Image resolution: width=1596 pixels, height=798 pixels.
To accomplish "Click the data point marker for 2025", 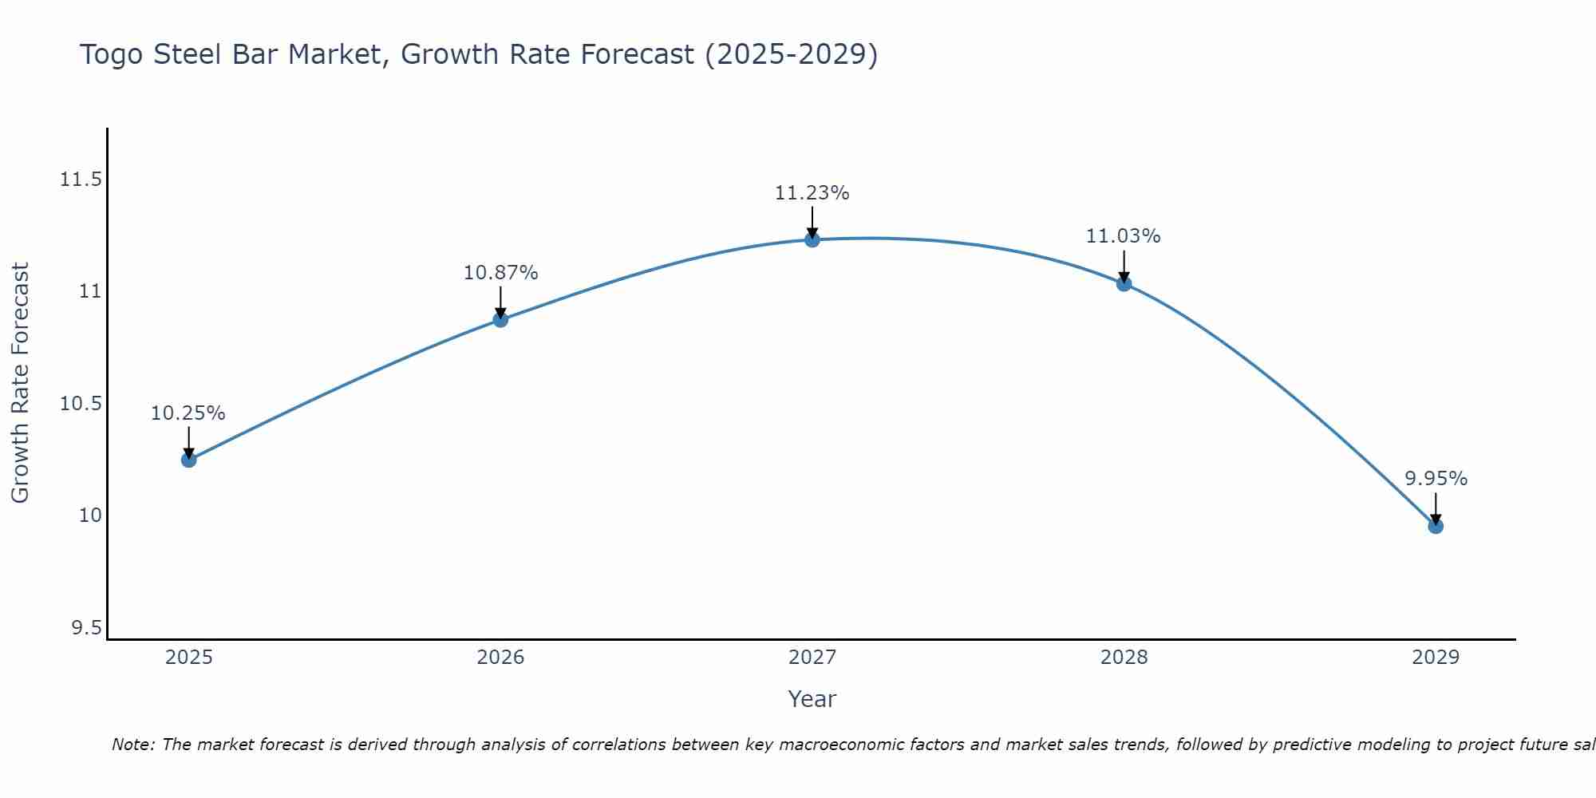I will (x=188, y=460).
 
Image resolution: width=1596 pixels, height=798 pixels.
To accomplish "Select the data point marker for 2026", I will (x=500, y=320).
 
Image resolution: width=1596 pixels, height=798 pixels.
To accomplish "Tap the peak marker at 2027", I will (x=812, y=239).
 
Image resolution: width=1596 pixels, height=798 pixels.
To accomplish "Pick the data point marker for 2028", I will (x=1124, y=283).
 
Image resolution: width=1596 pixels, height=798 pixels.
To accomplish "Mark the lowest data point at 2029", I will (x=1435, y=526).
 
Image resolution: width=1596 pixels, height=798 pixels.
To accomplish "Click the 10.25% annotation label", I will (x=188, y=413).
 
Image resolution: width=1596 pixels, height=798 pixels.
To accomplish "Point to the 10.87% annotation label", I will (x=500, y=273).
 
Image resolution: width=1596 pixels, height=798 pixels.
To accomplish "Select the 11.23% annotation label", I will (x=812, y=193).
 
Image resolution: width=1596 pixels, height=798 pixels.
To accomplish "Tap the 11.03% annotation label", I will (x=1123, y=236).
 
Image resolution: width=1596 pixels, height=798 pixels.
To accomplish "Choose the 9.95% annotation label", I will (x=1436, y=479).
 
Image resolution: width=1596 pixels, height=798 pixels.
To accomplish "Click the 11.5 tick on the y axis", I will (x=81, y=180).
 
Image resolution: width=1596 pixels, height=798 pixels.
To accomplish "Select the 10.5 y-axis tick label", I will (x=81, y=404).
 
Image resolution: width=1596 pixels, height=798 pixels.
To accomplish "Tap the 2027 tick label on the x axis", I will (x=812, y=658).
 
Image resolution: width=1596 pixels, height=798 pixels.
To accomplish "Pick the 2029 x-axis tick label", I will (x=1435, y=658).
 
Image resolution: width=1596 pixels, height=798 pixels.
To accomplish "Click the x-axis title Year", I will (x=812, y=699).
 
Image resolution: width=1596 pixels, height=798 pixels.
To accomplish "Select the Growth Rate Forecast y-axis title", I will (x=20, y=383).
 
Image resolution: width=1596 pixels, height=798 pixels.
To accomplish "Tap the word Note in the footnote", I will (x=132, y=745).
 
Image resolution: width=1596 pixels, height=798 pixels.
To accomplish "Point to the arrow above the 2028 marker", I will (x=1124, y=267).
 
